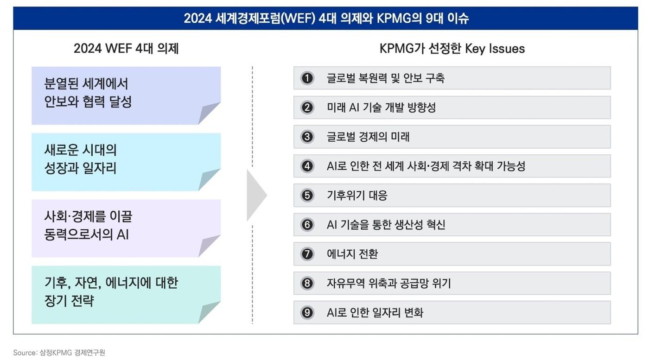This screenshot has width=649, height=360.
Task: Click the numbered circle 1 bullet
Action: click(307, 78)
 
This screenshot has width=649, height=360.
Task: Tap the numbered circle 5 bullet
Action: click(307, 196)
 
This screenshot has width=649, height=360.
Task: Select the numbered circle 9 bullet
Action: click(307, 313)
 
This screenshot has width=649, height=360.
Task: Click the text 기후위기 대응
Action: click(356, 196)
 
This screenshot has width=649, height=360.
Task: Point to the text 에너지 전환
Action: click(352, 254)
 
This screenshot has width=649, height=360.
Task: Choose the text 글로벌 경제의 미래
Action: click(368, 137)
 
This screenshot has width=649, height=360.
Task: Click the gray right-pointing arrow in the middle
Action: click(256, 195)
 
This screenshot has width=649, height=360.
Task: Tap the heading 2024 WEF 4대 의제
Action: click(126, 49)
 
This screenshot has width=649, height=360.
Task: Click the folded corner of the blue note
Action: click(210, 114)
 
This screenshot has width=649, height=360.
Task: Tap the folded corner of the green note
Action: click(210, 313)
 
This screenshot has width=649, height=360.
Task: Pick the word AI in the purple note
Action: click(122, 235)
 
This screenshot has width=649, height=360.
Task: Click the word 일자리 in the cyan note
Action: click(98, 168)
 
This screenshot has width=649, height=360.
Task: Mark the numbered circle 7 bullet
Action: click(307, 254)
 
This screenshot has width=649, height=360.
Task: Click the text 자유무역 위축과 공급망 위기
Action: click(388, 283)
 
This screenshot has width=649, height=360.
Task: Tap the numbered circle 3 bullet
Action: click(307, 137)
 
